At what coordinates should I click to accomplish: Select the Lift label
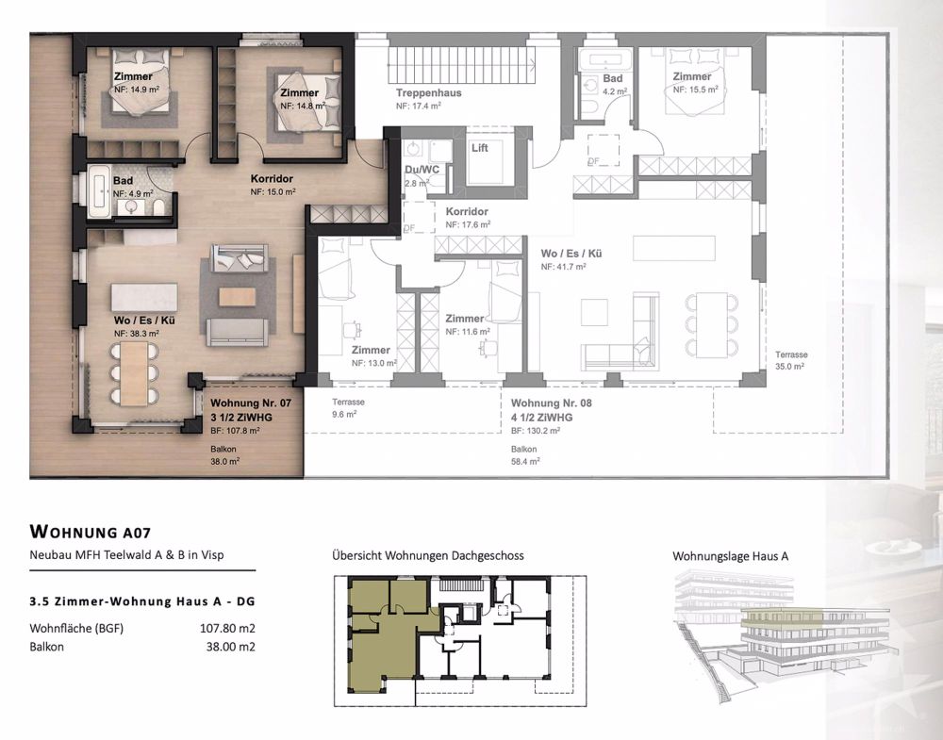pos(479,148)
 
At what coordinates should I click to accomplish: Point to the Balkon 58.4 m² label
pos(526,455)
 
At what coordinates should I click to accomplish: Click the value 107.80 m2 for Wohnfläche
pos(225,627)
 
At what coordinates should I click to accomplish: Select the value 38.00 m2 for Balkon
pos(229,647)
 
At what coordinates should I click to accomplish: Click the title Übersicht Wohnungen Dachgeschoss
pos(427,556)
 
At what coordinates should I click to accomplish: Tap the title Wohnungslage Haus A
pos(730,556)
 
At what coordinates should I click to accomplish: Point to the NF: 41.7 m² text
pos(564,268)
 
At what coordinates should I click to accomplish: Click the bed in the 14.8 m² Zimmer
pos(300,98)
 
